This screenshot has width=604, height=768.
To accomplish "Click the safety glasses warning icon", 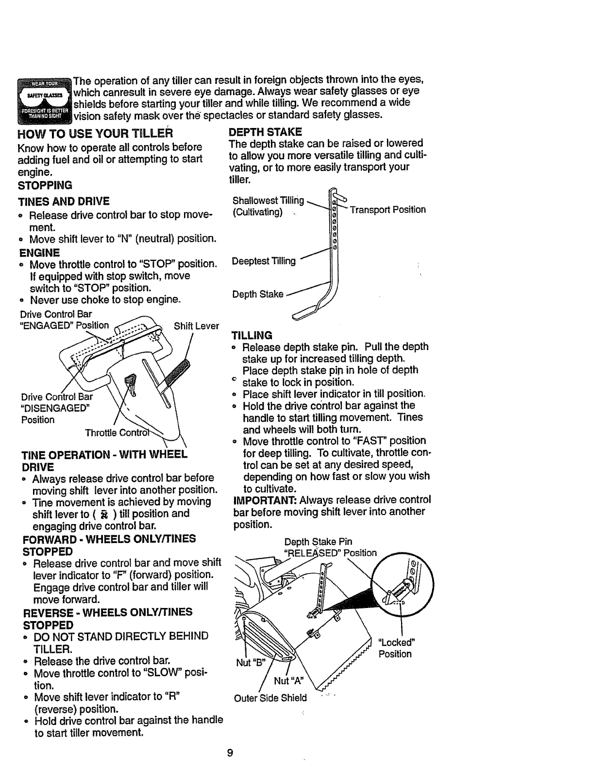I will pyautogui.click(x=44, y=99).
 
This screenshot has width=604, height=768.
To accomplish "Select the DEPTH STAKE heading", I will pyautogui.click(x=265, y=131).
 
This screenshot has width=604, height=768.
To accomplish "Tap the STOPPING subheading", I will pyautogui.click(x=45, y=185).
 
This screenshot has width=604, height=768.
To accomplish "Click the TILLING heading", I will pyautogui.click(x=252, y=336).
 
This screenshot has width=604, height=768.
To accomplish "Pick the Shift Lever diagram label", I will pyautogui.click(x=196, y=326).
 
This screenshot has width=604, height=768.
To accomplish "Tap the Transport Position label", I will pyautogui.click(x=387, y=209).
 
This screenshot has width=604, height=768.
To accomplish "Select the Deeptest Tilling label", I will pyautogui.click(x=264, y=261).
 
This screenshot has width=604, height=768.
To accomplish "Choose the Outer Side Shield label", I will pyautogui.click(x=270, y=698).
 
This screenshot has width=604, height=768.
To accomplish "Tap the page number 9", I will pyautogui.click(x=230, y=752).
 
